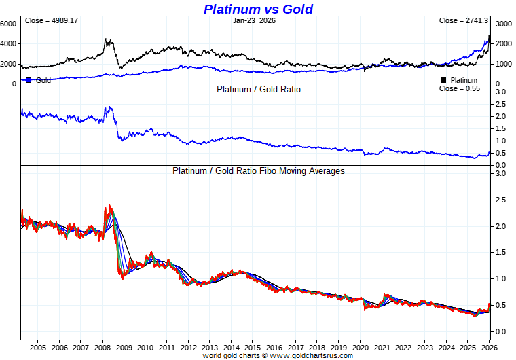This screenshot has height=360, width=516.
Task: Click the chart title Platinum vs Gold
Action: (x=258, y=9)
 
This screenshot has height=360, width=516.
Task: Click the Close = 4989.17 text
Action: (x=52, y=21)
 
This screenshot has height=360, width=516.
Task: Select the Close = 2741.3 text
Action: (x=464, y=21)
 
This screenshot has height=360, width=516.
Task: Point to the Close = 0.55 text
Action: (x=460, y=88)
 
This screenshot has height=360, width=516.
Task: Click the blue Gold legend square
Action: (x=29, y=80)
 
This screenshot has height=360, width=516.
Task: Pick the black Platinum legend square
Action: (x=443, y=80)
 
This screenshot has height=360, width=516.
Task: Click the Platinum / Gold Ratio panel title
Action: (x=258, y=89)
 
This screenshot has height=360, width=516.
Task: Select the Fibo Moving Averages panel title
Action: (x=258, y=171)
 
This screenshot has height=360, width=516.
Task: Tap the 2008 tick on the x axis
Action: (x=102, y=347)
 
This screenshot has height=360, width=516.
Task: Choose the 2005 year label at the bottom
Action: (x=38, y=347)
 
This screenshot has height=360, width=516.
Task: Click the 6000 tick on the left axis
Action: (x=9, y=23)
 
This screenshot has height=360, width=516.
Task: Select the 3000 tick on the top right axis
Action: (x=502, y=24)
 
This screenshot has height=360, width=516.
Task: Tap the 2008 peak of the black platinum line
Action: (x=107, y=39)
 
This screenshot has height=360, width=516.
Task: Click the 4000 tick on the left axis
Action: (x=9, y=43)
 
